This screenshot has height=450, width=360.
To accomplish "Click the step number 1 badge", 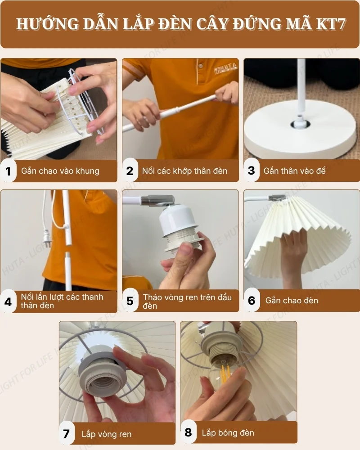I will point(8,171).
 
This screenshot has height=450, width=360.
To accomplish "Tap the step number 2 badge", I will point(130,171).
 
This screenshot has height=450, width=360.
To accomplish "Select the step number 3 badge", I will point(252,171).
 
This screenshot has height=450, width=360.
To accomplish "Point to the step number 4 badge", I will point(8,301).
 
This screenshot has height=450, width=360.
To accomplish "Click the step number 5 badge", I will point(130,301).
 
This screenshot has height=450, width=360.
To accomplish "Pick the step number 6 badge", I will point(252,301).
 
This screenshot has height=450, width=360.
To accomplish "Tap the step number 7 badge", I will point(67,434).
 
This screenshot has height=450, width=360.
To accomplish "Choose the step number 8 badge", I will point(188,433).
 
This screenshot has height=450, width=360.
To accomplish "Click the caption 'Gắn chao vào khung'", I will point(60,171).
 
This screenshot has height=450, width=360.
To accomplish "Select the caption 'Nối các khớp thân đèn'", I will point(184,171).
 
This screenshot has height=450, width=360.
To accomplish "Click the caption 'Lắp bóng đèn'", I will point(228,433).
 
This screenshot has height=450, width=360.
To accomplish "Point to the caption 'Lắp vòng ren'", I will point(107,434).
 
